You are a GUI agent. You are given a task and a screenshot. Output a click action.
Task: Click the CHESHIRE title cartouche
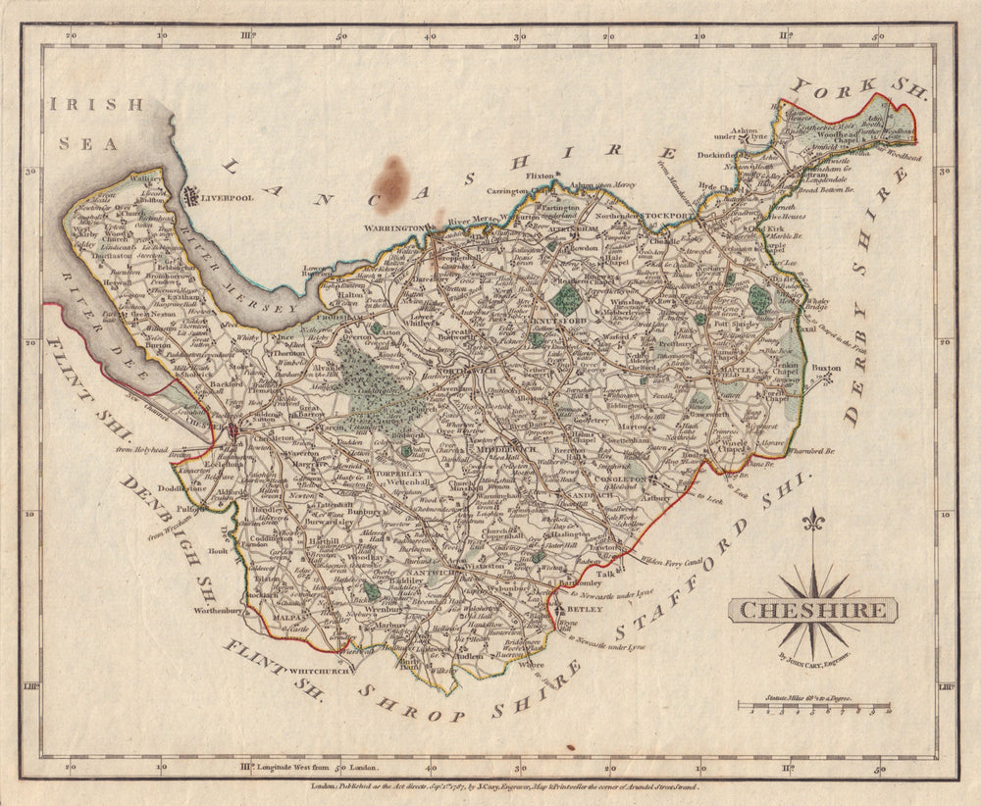click(812, 610)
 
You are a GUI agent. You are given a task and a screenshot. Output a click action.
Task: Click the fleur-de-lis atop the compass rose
click(812, 522)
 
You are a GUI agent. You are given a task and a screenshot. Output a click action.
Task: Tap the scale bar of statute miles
click(814, 706)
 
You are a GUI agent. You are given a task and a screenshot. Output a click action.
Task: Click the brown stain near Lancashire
click(390, 183)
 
